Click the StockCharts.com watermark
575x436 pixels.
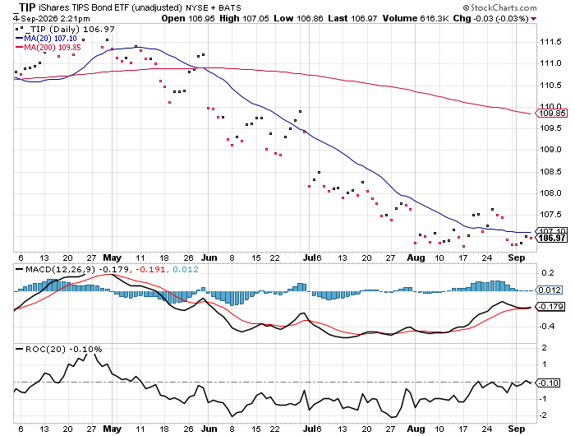(499, 7)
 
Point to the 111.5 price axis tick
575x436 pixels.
(550, 42)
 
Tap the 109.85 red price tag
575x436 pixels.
(551, 114)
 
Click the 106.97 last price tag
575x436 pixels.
(551, 238)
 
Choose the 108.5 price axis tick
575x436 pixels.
(550, 172)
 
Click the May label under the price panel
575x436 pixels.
(112, 257)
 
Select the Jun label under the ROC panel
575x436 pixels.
(209, 429)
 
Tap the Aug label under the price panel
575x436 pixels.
(416, 257)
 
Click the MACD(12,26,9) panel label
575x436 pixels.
(60, 270)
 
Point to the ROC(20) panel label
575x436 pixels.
(45, 349)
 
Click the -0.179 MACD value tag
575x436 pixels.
(550, 306)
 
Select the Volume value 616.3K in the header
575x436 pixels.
(435, 18)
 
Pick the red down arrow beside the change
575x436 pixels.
(534, 19)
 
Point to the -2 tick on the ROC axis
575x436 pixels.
(543, 415)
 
